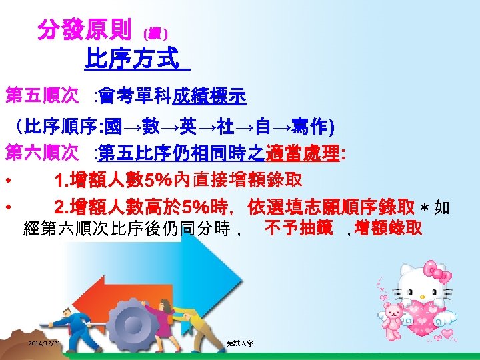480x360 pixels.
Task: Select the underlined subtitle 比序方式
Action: coord(132,60)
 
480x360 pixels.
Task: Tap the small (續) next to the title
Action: coord(156,32)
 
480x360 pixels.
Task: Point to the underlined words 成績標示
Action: coord(209,98)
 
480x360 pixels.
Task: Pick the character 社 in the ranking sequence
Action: coord(215,127)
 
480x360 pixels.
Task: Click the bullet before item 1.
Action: coord(7,181)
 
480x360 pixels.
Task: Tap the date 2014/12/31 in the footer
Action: coord(45,343)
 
